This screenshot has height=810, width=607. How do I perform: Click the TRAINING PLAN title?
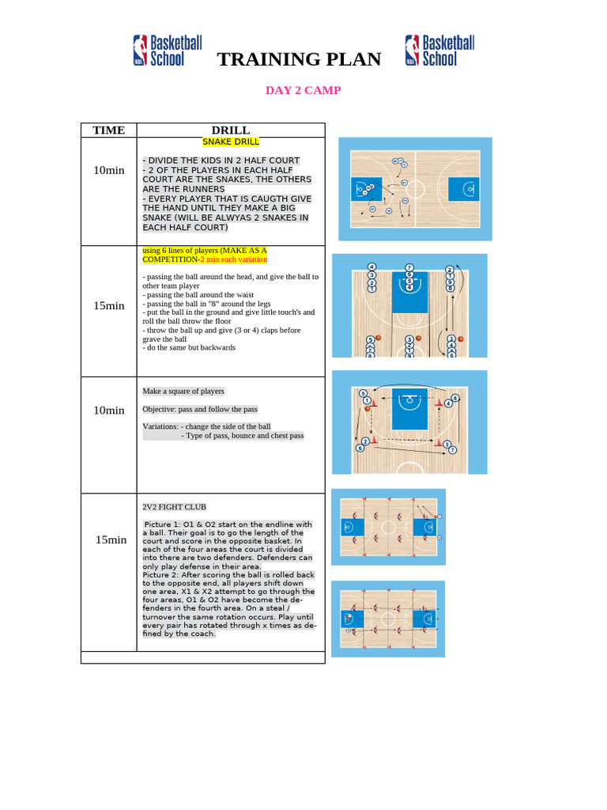299,59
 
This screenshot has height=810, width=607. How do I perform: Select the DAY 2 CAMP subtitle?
303,90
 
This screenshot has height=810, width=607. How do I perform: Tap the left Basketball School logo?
158,50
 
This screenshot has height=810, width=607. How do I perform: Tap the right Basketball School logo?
440,50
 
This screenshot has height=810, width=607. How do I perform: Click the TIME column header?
109,130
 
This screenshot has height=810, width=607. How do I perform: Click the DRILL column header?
231,130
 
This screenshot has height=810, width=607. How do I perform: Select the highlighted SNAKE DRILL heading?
231,142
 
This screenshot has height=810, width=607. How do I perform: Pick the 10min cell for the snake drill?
109,170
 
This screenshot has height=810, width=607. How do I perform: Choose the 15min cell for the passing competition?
109,305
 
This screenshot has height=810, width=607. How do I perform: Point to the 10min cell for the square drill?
109,410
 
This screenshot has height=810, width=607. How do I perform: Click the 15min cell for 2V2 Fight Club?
111,539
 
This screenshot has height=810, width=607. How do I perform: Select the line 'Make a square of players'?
183,391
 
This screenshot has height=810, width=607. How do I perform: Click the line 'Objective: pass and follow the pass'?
200,409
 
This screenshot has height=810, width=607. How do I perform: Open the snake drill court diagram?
415,189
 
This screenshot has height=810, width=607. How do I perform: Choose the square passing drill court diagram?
409,422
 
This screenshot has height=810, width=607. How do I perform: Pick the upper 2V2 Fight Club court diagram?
388,527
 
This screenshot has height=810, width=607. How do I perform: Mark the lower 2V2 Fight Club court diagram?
388,619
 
